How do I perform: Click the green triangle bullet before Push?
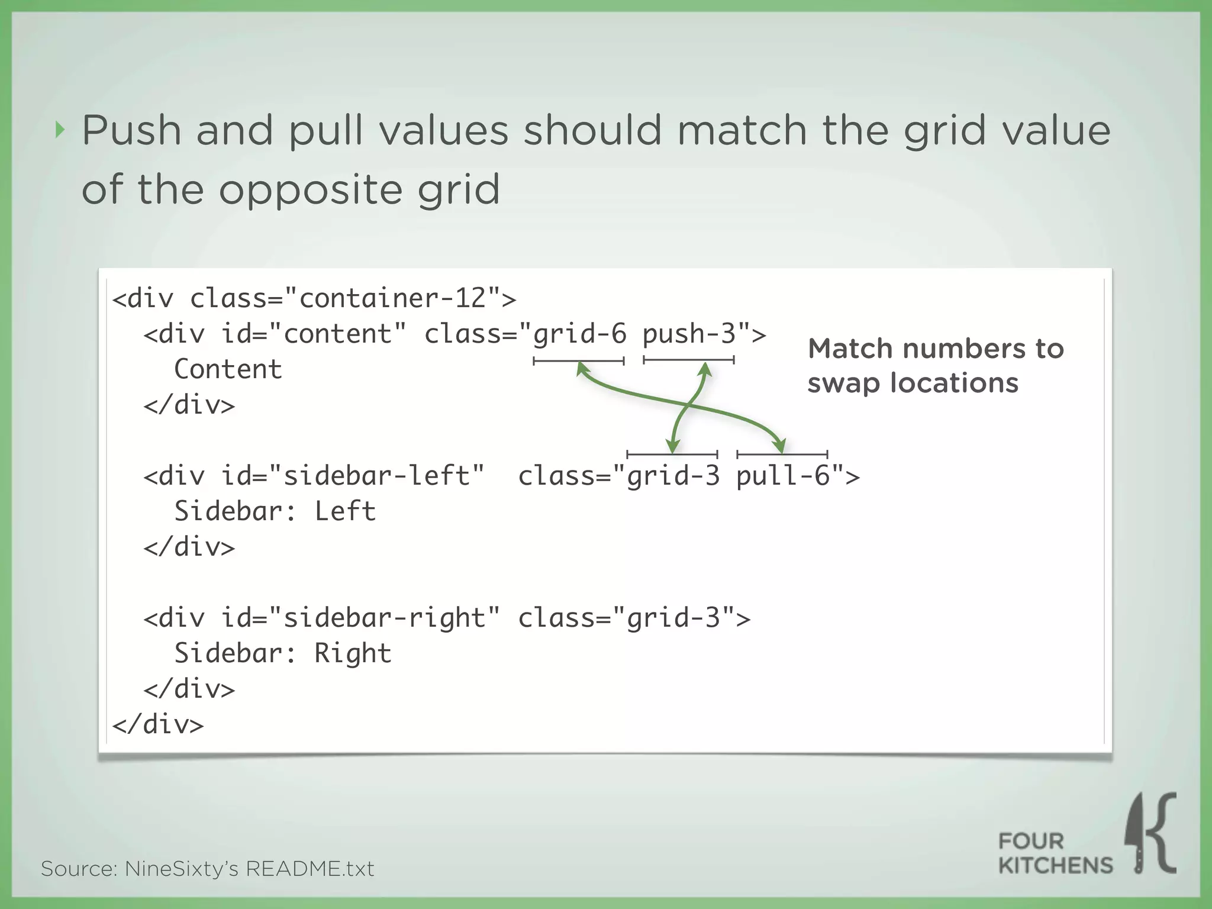pyautogui.click(x=59, y=130)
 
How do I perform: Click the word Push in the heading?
pyautogui.click(x=131, y=130)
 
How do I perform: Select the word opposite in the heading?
pyautogui.click(x=311, y=190)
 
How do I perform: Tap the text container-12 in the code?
pyautogui.click(x=392, y=298)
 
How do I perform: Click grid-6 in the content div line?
pyautogui.click(x=579, y=334)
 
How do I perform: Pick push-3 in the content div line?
pyautogui.click(x=689, y=334)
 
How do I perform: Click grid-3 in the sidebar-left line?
pyautogui.click(x=673, y=476)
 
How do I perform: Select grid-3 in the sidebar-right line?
pyautogui.click(x=673, y=618)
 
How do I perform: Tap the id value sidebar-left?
pyautogui.click(x=376, y=476)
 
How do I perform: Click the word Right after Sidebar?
pyautogui.click(x=353, y=653)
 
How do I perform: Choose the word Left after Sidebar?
pyautogui.click(x=345, y=511)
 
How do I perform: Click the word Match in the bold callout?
pyautogui.click(x=850, y=349)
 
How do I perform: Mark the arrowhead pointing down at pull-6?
pyautogui.click(x=781, y=446)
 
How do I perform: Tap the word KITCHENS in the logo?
pyautogui.click(x=1055, y=866)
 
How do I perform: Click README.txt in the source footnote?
pyautogui.click(x=310, y=869)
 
